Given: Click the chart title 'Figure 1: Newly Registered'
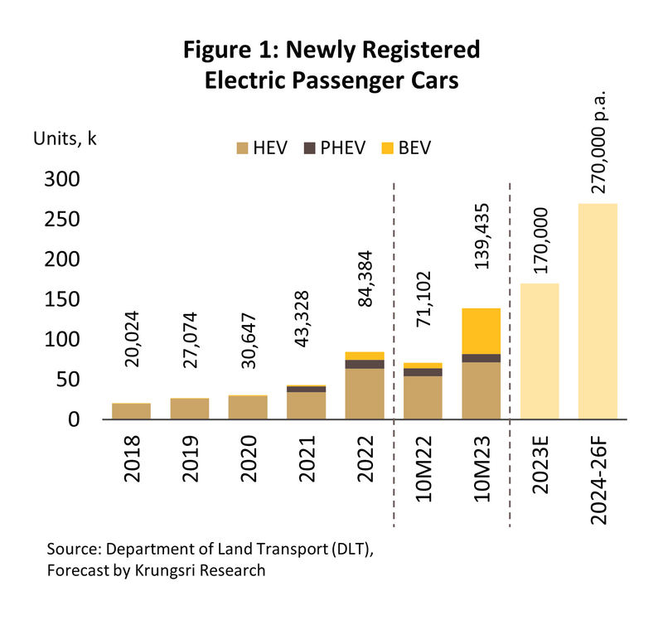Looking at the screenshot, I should pyautogui.click(x=331, y=50).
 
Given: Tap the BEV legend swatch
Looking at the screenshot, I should pyautogui.click(x=387, y=148).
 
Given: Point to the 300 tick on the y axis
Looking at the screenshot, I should pyautogui.click(x=60, y=180).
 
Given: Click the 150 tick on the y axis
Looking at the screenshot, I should pyautogui.click(x=60, y=300).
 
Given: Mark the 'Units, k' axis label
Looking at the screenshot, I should pyautogui.click(x=65, y=138).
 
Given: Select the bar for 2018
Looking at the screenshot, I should pyautogui.click(x=132, y=411).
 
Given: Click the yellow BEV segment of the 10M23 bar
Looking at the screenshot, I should pyautogui.click(x=482, y=331).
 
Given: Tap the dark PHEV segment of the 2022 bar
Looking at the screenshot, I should pyautogui.click(x=365, y=364).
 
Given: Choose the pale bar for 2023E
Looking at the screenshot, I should pyautogui.click(x=540, y=351).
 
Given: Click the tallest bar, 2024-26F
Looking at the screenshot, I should pyautogui.click(x=598, y=312).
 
